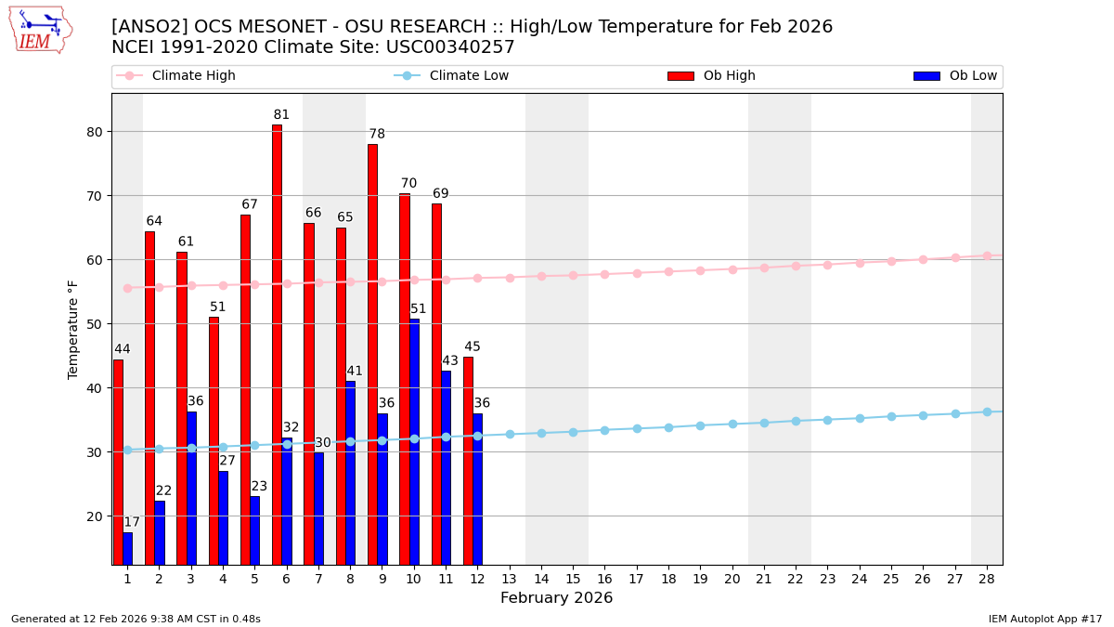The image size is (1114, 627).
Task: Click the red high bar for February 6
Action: coord(277,344)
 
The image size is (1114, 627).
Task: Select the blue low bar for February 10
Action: coord(414,441)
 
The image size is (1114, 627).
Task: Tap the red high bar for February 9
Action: coord(372,353)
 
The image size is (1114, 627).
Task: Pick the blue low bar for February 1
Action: coord(127,548)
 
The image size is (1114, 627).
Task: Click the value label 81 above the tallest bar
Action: coord(281,115)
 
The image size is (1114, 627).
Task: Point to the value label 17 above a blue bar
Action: coord(132,523)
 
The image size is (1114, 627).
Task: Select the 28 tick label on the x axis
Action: coord(987,579)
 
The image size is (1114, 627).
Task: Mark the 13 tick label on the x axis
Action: coord(509,579)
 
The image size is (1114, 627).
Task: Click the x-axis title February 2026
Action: coord(556,598)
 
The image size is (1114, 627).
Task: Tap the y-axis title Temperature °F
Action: coord(74,329)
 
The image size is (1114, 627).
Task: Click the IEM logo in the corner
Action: coord(40,30)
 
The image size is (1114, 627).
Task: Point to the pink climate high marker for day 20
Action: coord(732,269)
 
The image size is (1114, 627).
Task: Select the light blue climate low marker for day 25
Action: coord(891,416)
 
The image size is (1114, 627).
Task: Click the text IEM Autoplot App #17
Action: coord(1045,619)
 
